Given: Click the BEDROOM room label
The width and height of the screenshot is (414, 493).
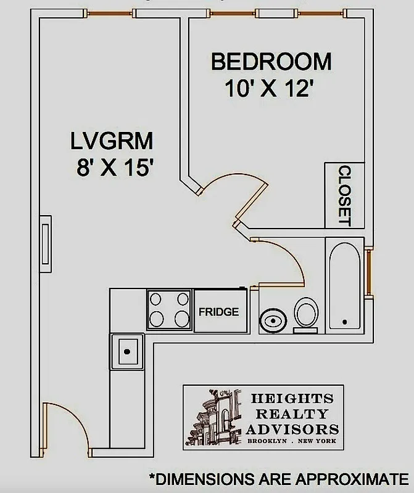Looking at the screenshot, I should point(271,62).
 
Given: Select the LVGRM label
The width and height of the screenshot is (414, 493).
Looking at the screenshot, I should point(110,142).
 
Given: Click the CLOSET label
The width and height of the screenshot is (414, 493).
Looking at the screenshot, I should point(344,195).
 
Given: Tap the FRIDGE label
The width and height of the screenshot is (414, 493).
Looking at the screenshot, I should point(218,312).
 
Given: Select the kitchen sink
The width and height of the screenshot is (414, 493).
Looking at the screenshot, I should point(126,351).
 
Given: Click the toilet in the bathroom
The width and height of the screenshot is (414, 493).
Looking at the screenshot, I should point(305,313).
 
